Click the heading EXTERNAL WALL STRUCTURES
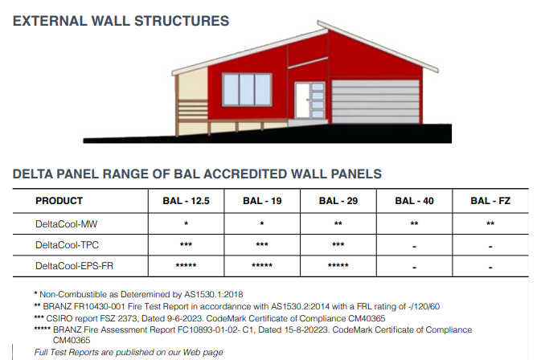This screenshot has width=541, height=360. [x=121, y=21]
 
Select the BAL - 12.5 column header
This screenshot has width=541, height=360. [x=186, y=201]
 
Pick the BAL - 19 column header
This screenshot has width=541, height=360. [x=261, y=201]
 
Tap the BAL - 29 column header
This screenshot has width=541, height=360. [x=338, y=201]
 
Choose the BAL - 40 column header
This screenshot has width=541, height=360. [x=414, y=201]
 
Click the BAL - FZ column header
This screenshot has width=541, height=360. [x=490, y=201]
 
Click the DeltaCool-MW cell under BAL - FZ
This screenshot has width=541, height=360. [x=490, y=223]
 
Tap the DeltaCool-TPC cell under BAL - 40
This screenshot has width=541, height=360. [x=414, y=244]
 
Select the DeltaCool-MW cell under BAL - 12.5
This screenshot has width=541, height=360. [x=186, y=223]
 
